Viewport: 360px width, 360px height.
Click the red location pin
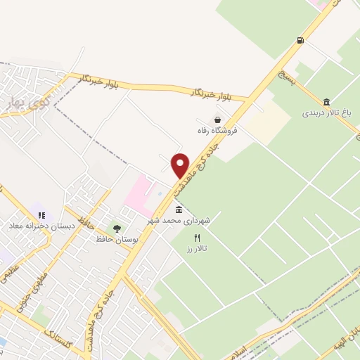181,165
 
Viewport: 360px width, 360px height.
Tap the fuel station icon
301,40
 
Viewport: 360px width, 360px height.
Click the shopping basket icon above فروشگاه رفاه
219,120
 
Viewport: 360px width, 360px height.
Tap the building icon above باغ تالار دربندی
326,102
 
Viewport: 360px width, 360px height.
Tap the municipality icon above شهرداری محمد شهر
179,210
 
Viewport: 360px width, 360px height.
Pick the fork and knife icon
197,238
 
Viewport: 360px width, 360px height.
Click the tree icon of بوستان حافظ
117,229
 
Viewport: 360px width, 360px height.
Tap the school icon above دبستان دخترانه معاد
41,215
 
